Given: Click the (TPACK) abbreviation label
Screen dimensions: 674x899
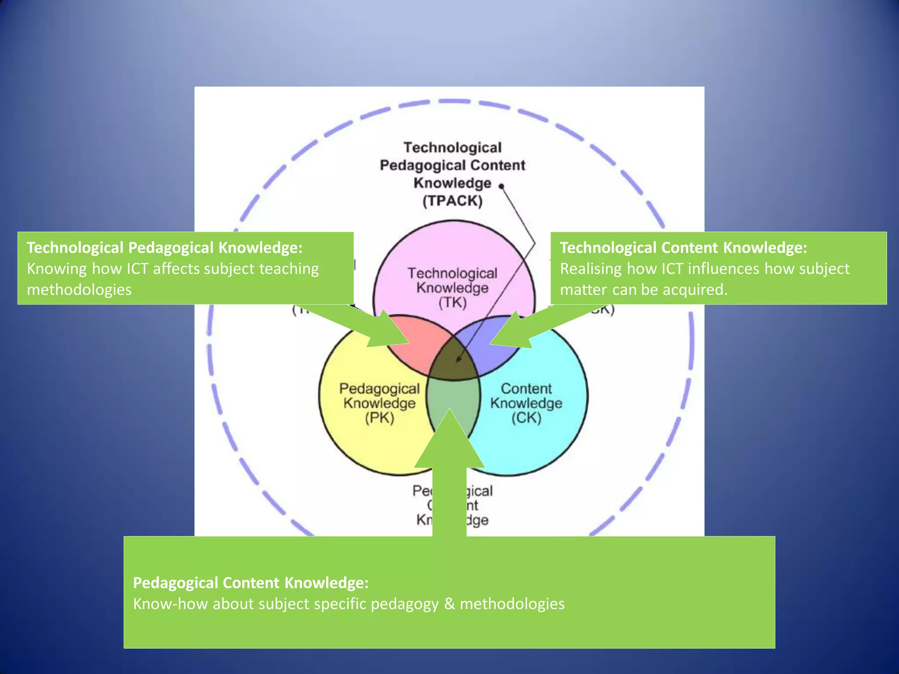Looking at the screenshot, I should [452, 201].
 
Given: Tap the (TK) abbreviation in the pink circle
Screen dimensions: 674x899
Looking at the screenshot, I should [452, 303].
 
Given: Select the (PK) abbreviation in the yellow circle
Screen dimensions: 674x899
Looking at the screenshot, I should [379, 418].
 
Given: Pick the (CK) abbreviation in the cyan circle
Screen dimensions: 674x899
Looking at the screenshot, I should [526, 418].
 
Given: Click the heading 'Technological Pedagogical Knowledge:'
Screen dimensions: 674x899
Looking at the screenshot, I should [165, 247].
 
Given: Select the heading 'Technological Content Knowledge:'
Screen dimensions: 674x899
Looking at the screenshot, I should [683, 247].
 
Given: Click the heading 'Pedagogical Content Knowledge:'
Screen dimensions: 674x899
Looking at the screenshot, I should [251, 583].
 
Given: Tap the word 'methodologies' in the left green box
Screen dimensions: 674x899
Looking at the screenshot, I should [79, 290].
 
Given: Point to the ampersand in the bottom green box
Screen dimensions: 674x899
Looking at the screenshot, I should [449, 604].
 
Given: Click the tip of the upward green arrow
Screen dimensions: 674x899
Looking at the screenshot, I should [449, 411].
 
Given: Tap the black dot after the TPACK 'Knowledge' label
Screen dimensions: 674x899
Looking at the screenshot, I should [501, 186].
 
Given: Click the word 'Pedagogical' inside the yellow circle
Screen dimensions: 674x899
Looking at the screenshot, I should [379, 389].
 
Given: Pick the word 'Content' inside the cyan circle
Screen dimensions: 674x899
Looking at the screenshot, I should [526, 388].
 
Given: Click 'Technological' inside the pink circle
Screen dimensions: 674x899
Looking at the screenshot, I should [452, 273].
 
